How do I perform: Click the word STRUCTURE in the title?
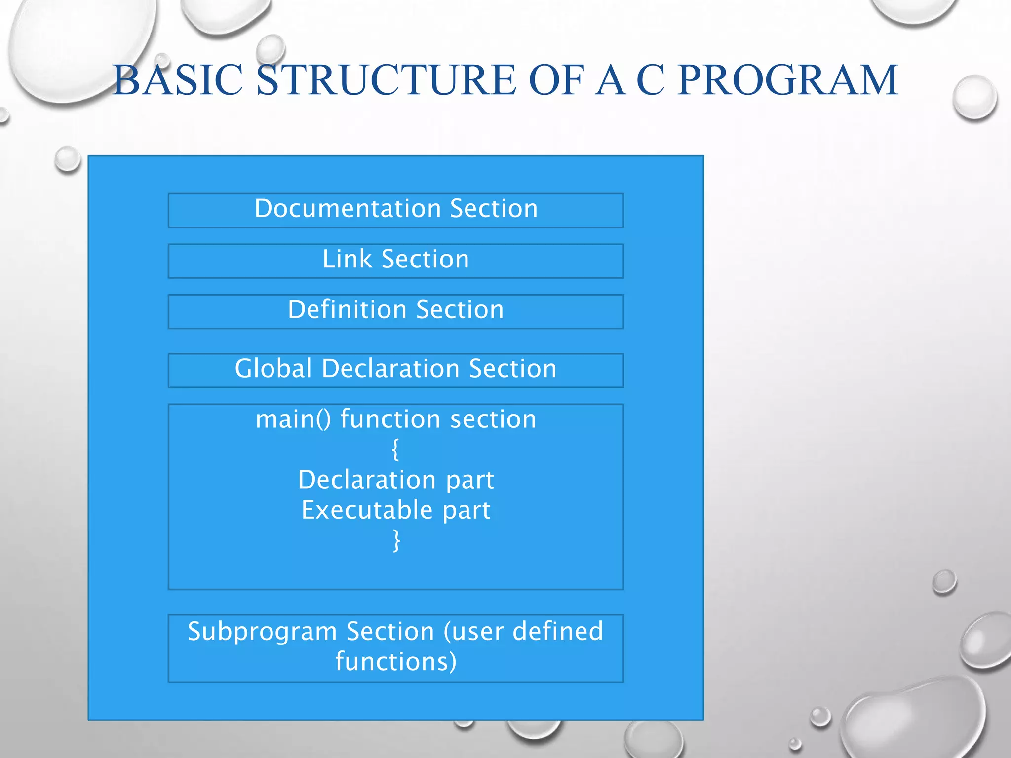[386, 80]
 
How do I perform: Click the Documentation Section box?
[396, 210]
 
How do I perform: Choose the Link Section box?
[396, 261]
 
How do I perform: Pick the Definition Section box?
[396, 311]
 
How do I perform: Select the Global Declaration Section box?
[396, 370]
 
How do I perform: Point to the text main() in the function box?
[293, 419]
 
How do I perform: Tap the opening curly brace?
[395, 450]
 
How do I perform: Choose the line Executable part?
[396, 510]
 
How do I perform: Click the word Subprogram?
[262, 632]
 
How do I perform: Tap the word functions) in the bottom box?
[396, 661]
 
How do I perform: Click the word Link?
[347, 259]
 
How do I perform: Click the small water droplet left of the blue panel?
[68, 159]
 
